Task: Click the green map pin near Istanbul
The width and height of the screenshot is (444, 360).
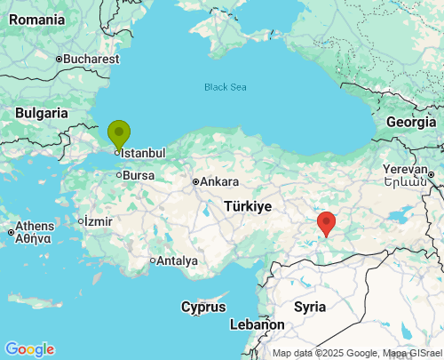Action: coord(119,135)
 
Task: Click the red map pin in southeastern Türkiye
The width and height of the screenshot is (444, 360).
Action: coord(327,222)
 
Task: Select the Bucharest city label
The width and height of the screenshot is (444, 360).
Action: coord(91,59)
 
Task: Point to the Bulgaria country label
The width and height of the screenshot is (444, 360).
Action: coord(41,113)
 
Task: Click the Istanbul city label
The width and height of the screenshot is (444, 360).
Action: coord(142,153)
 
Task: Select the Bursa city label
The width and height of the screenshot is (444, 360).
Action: coord(138,175)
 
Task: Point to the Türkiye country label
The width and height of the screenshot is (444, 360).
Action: coord(248,205)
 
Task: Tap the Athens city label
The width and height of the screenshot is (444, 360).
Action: coord(34,227)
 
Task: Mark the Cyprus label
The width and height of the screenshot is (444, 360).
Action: coord(203,307)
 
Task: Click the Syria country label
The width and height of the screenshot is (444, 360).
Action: coord(310,306)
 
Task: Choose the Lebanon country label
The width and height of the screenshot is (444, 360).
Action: coord(257,325)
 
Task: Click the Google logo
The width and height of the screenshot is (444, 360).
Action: coord(29,349)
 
